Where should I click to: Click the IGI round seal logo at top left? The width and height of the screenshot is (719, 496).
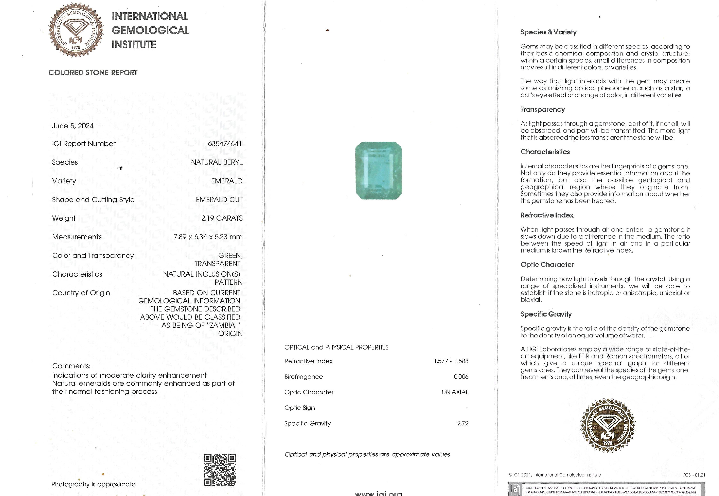tap(76, 30)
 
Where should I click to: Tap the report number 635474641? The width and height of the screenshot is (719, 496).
tap(224, 144)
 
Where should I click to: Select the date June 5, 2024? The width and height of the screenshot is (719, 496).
tap(73, 126)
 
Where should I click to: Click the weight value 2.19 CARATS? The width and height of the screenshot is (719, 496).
tap(222, 218)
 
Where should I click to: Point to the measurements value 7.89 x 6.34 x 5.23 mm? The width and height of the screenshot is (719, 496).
tap(208, 237)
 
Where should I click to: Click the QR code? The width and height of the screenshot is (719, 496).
tap(220, 470)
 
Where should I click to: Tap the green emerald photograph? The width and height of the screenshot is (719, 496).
tap(379, 171)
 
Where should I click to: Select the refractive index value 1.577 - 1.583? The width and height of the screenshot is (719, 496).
tap(451, 361)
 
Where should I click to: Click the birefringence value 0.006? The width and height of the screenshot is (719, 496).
tap(461, 377)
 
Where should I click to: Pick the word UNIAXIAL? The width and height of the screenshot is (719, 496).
tap(455, 392)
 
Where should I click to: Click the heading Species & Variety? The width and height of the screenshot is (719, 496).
tap(548, 32)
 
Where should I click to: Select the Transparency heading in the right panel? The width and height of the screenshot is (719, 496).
tap(543, 109)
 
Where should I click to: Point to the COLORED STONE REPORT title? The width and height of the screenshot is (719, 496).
tap(93, 73)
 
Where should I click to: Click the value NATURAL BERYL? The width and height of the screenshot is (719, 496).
tap(217, 162)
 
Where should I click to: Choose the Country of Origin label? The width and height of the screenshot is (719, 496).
tap(81, 293)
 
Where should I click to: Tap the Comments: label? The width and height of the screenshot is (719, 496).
tap(71, 366)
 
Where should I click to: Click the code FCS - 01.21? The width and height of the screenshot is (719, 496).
tap(694, 475)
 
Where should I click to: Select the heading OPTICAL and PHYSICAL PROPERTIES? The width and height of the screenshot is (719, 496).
tap(336, 347)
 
